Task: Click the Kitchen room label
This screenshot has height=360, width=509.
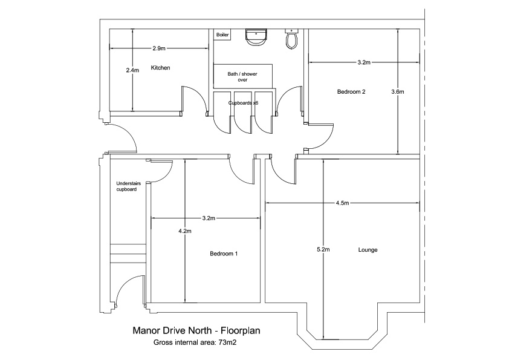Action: [x=160, y=68]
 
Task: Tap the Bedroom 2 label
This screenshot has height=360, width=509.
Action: [x=351, y=91]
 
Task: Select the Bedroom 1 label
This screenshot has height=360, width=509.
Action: [x=224, y=254]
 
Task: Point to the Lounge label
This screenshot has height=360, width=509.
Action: [x=368, y=249]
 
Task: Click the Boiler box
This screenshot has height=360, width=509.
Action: [x=222, y=34]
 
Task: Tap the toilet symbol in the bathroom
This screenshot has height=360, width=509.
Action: [x=291, y=39]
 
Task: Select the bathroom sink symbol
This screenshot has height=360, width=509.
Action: [x=256, y=37]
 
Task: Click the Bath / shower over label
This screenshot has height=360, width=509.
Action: [x=242, y=77]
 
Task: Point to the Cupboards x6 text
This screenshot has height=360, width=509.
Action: [x=243, y=103]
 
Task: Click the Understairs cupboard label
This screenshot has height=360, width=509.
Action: [x=128, y=186]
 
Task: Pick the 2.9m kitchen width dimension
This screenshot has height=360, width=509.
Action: [x=159, y=48]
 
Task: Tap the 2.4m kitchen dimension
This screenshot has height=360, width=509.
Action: [x=132, y=70]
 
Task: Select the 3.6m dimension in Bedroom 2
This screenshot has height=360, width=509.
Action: [x=398, y=91]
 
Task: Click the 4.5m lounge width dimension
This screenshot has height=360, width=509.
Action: [x=343, y=203]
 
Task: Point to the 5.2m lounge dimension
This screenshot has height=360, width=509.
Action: [x=323, y=249]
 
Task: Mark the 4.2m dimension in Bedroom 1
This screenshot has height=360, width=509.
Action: [x=185, y=231]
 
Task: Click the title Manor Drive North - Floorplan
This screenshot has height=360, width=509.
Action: [x=196, y=330]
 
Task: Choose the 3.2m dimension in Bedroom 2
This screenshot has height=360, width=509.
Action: [x=364, y=62]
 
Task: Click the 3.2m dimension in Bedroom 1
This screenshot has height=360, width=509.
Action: [x=209, y=218]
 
